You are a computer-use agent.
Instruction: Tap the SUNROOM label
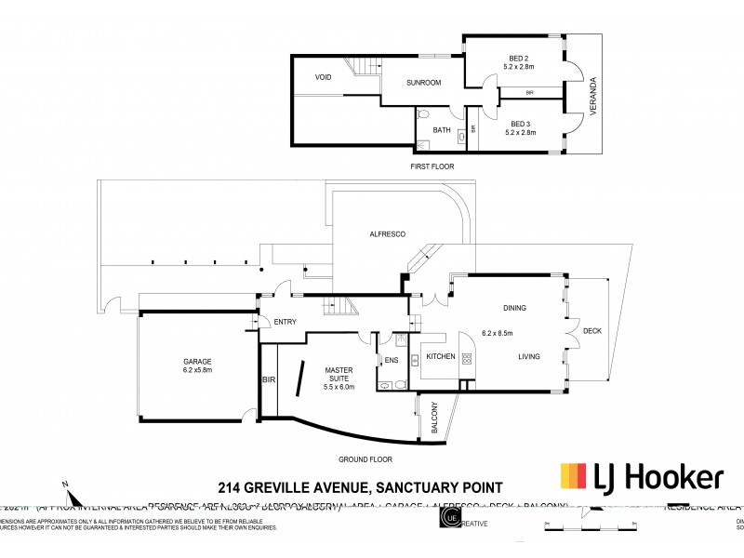(423, 84)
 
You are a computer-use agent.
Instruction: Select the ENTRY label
(285, 323)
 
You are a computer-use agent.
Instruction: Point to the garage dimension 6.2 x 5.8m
(196, 370)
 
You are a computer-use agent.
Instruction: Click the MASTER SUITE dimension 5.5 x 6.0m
(339, 387)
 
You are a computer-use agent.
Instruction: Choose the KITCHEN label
(440, 357)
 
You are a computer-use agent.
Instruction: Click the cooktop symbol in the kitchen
(468, 359)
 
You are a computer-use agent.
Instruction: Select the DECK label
(591, 330)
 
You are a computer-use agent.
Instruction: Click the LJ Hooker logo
(642, 477)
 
